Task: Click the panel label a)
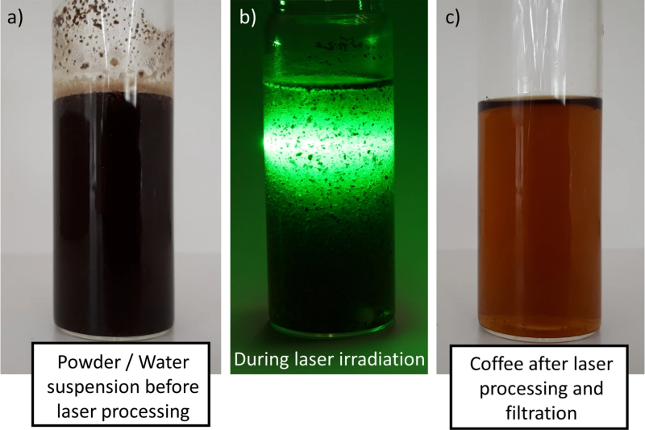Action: click(x=15, y=18)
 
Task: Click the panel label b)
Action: click(x=248, y=17)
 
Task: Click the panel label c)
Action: click(x=452, y=18)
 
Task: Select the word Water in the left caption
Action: click(x=164, y=362)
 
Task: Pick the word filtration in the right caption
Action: click(x=541, y=413)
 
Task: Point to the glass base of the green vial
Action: click(x=331, y=328)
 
